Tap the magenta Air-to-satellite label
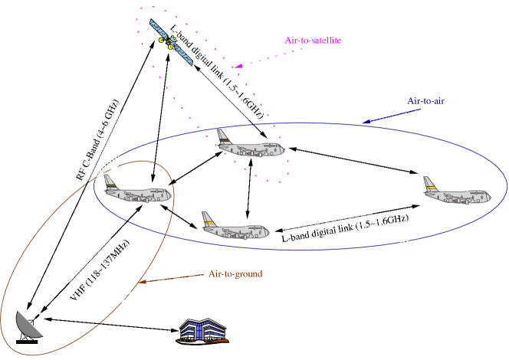coord(313,40)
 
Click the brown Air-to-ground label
coord(236,273)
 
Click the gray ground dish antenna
coord(29,325)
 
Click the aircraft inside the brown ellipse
coord(136,192)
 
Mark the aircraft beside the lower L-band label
coord(235,227)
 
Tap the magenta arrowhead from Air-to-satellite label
coord(238,67)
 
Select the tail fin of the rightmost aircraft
coord(430,183)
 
